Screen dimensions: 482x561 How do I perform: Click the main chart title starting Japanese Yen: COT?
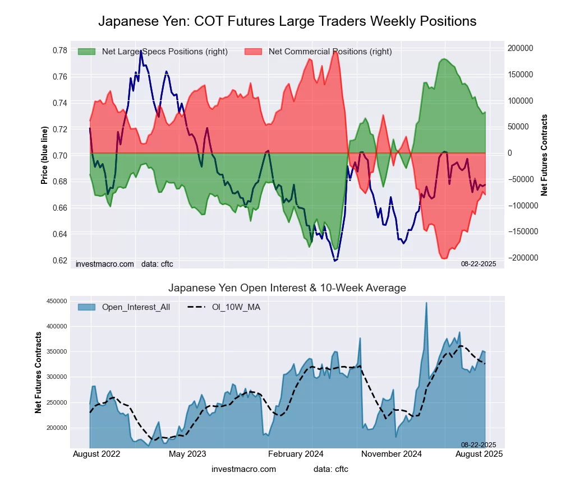[x=287, y=21]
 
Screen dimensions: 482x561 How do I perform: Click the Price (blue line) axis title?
[x=44, y=155]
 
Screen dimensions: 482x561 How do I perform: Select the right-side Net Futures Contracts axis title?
[x=544, y=155]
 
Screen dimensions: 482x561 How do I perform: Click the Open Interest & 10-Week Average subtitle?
[x=287, y=288]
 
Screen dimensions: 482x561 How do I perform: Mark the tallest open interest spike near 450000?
[x=426, y=303]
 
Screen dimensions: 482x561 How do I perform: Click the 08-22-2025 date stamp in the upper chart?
[x=479, y=263]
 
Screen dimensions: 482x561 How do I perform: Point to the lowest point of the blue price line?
[x=335, y=261]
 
